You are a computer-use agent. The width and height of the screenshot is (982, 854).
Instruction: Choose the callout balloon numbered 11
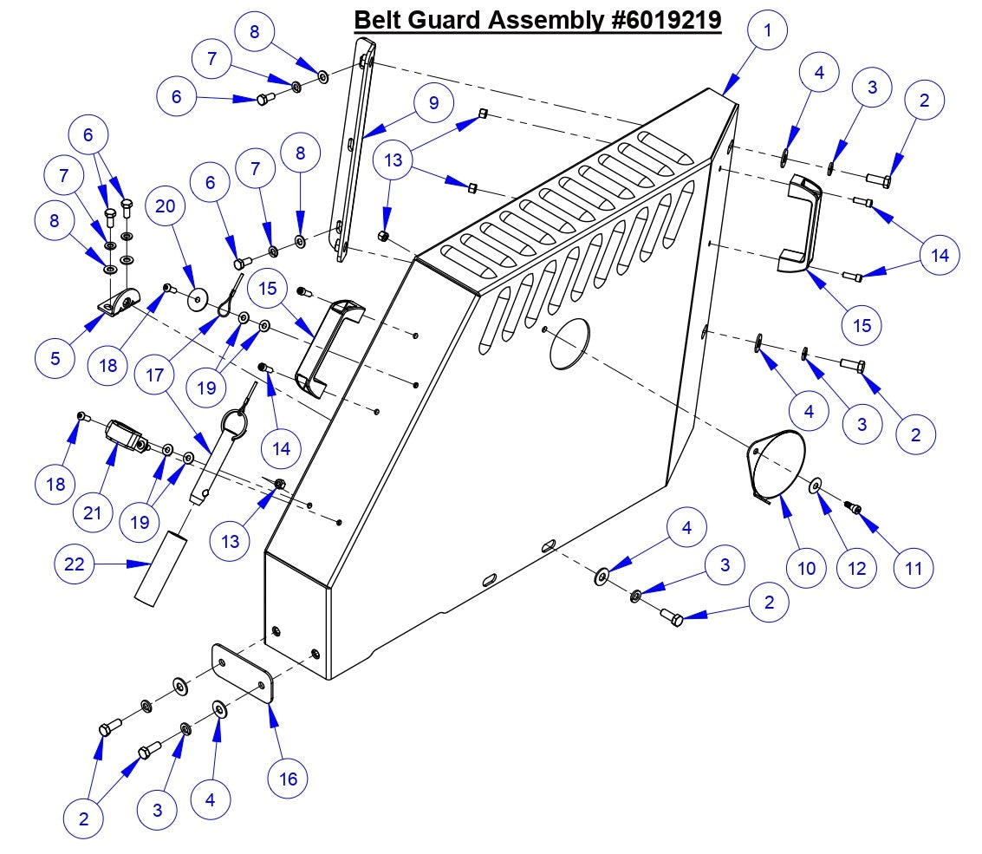(x=913, y=568)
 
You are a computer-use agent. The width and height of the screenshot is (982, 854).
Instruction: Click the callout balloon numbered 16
(x=288, y=779)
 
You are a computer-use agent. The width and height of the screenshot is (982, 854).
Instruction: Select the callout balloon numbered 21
(x=93, y=512)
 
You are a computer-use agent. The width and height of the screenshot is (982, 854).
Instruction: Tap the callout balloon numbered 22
(x=74, y=564)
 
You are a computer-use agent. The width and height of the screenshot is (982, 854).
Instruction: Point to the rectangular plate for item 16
(x=244, y=675)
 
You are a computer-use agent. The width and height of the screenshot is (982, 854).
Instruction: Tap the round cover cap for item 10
(x=777, y=464)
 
